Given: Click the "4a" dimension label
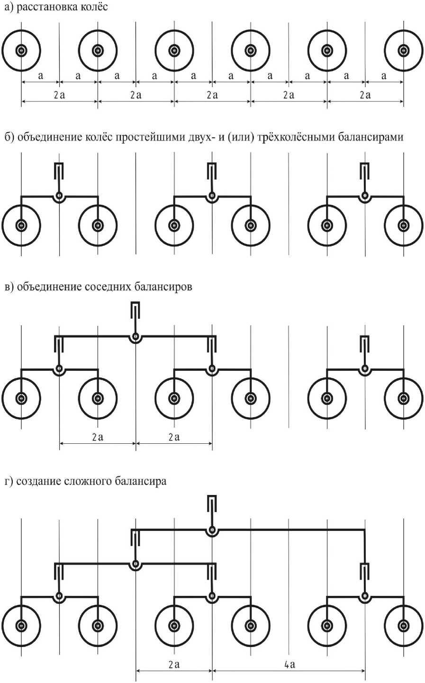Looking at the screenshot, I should (290, 664).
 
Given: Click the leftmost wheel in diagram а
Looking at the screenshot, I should (21, 50).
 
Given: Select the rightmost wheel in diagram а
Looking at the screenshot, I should (403, 50).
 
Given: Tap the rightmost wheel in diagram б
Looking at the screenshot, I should (403, 225).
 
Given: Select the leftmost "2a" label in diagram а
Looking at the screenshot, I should (59, 95).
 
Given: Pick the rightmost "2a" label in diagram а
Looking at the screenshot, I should (365, 95).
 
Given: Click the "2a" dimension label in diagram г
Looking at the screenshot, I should (174, 664).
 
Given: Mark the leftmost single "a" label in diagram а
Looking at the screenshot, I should (40, 76).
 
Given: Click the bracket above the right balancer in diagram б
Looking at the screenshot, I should (365, 169).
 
